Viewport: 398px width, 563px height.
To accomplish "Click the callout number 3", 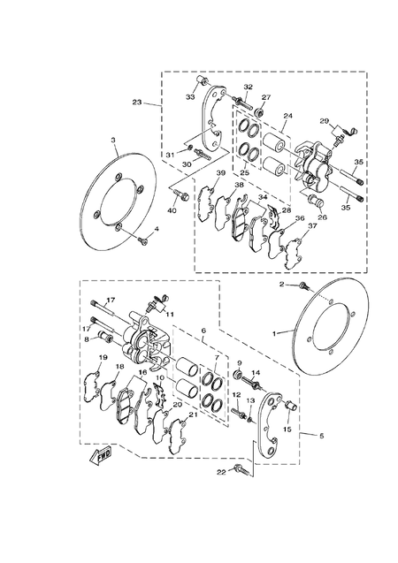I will (x=113, y=141).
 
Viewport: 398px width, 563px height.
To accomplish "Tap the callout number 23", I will (x=137, y=103).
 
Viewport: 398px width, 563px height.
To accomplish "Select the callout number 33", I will (x=190, y=96).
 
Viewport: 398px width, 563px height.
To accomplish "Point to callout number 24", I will (x=287, y=116).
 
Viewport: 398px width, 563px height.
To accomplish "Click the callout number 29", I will (x=325, y=120).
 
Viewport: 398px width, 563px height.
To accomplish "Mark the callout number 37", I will (x=311, y=225).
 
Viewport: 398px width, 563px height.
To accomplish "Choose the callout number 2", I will (x=282, y=285).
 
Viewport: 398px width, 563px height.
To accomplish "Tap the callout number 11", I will (x=168, y=313).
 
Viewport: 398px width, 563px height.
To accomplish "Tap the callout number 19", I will (x=103, y=358).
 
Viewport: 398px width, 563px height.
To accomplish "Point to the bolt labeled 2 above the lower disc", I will (x=305, y=287).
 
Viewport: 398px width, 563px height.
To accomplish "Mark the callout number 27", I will (x=265, y=98).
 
